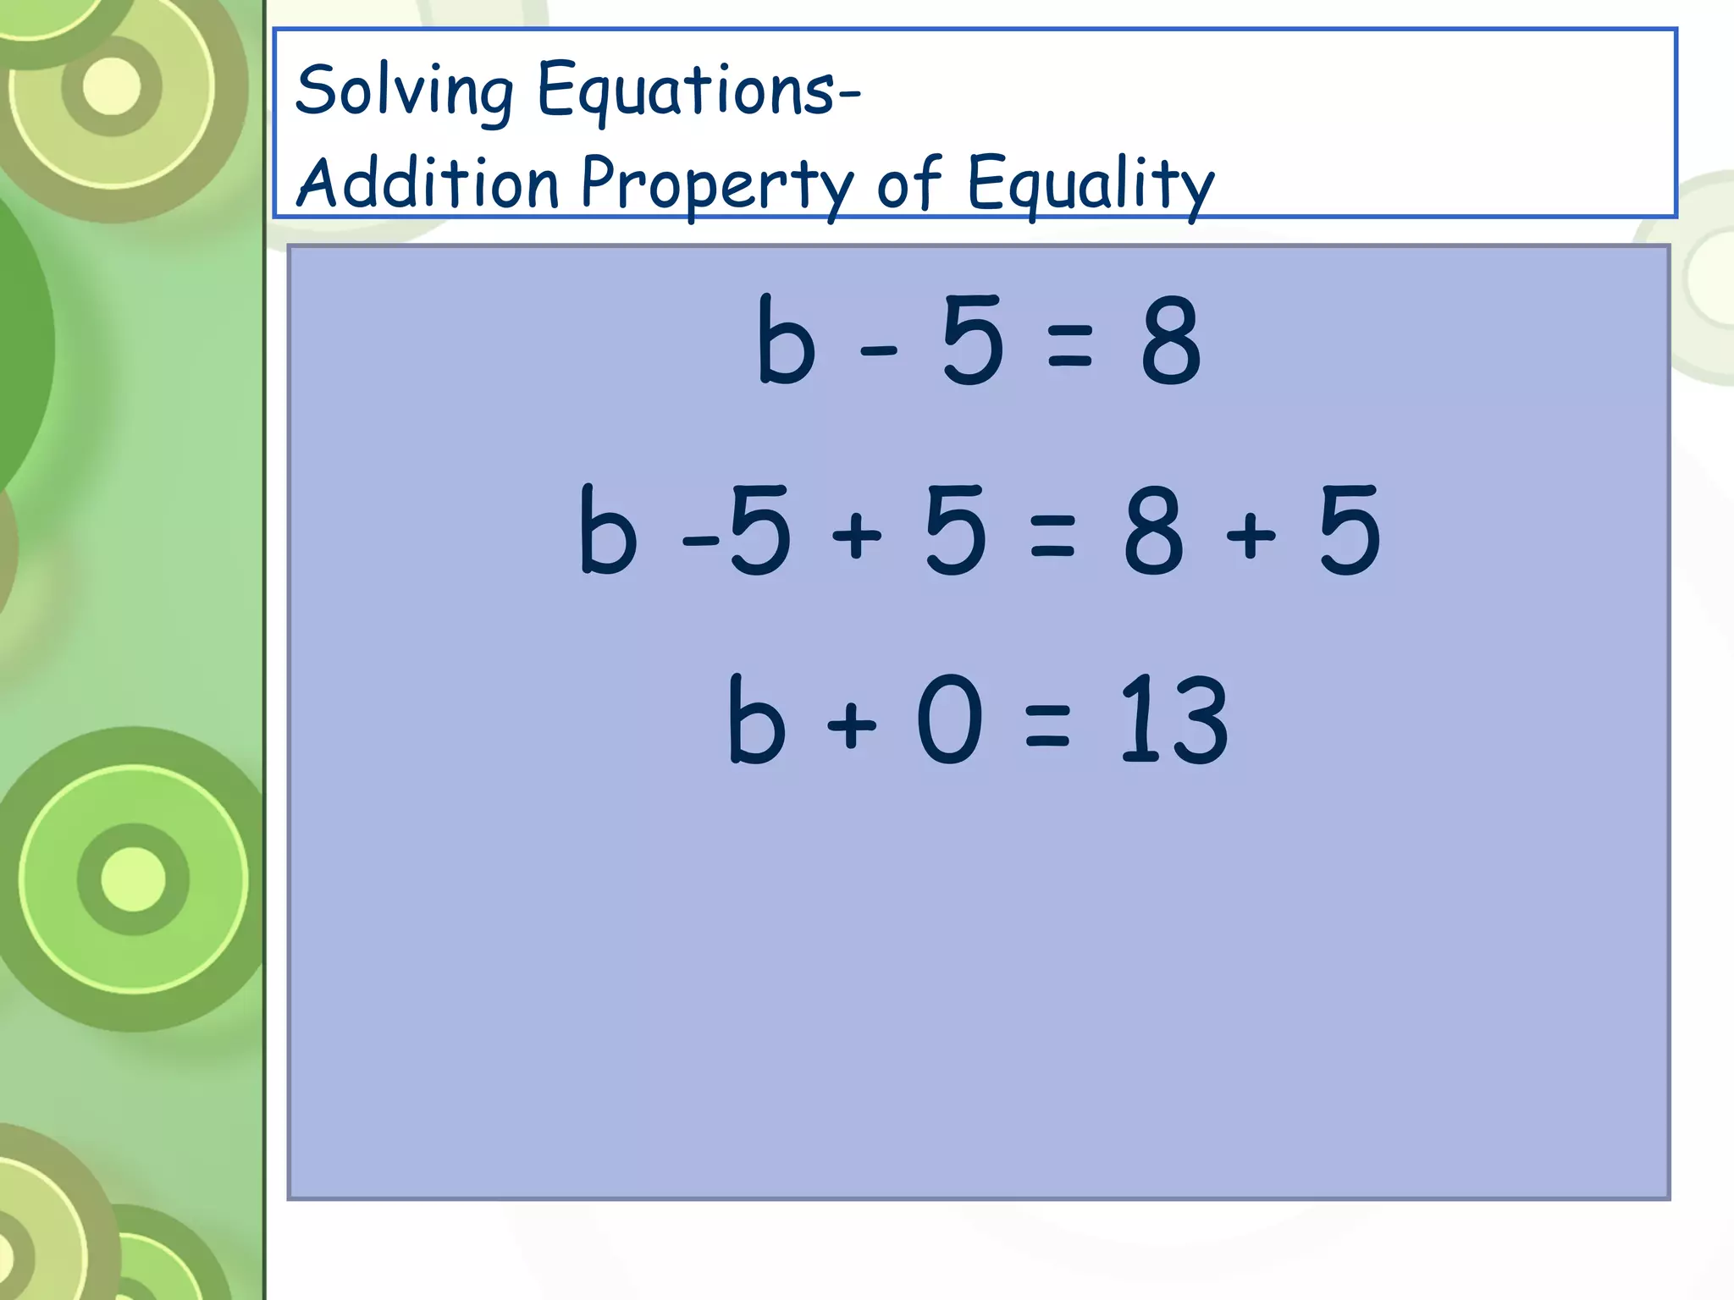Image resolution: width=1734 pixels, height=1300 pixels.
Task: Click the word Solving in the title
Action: click(x=405, y=91)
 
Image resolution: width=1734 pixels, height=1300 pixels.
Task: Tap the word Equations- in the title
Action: click(x=699, y=91)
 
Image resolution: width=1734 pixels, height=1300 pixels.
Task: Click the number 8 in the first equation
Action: click(x=1171, y=341)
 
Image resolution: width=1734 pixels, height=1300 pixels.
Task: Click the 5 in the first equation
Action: click(x=973, y=341)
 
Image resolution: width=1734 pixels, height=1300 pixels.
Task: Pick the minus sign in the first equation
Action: click(x=878, y=349)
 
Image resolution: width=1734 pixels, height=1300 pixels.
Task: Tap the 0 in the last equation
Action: click(x=950, y=719)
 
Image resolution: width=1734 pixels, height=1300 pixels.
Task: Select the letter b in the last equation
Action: click(x=756, y=719)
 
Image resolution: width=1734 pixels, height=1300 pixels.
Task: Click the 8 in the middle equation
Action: click(x=1153, y=532)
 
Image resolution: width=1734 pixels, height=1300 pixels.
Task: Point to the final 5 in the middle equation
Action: click(x=1350, y=532)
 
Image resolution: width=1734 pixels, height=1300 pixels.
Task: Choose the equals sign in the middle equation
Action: click(x=1052, y=537)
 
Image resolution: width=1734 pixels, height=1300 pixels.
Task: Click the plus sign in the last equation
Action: click(x=852, y=725)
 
